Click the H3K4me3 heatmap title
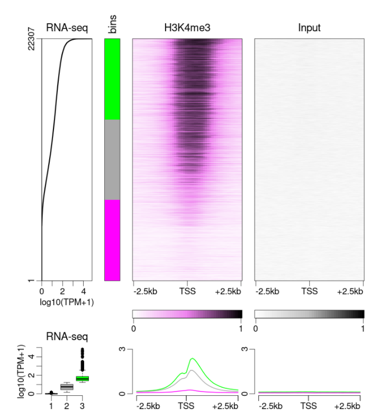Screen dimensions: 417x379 click(x=187, y=28)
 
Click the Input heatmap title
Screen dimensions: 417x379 click(x=309, y=28)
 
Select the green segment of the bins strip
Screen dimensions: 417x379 click(x=112, y=79)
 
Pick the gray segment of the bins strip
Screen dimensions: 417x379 click(x=112, y=159)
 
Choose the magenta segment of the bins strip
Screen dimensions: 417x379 click(x=112, y=240)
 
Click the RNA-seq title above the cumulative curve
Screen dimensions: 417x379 click(x=67, y=28)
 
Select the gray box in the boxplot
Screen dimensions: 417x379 click(x=67, y=387)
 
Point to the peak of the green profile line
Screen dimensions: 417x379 click(x=193, y=359)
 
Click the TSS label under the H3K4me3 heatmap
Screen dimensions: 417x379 click(x=187, y=291)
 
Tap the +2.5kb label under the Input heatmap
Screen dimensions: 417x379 click(x=349, y=291)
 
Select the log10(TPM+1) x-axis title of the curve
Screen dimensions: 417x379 click(x=67, y=302)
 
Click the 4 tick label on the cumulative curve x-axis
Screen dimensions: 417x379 click(x=83, y=291)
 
